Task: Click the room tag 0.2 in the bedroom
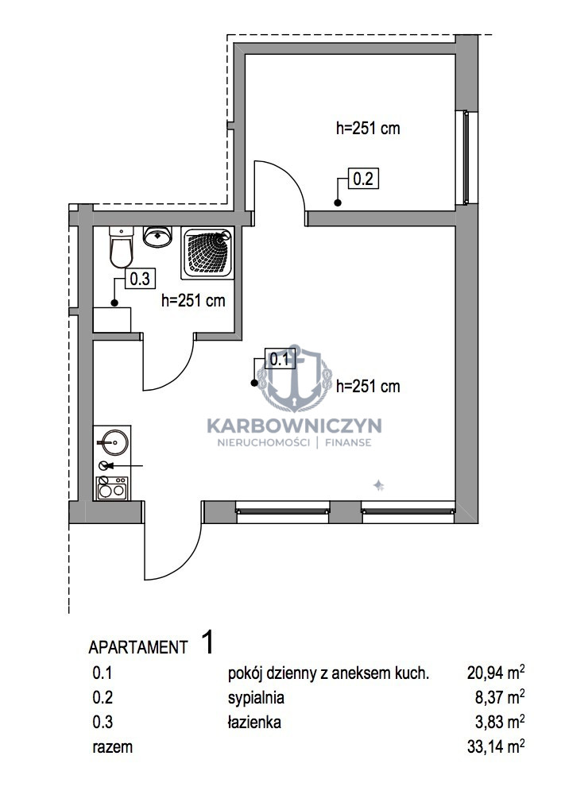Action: [x=363, y=179]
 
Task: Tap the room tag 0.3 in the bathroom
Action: [x=140, y=279]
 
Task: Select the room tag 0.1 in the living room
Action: [x=280, y=359]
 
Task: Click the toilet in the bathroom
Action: [x=122, y=247]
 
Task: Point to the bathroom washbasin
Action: [x=157, y=237]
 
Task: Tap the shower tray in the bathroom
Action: [x=207, y=253]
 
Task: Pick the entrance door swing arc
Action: [x=184, y=560]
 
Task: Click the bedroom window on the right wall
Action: [x=466, y=157]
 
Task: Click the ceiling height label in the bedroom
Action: [x=368, y=128]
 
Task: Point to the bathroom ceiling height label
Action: [x=193, y=300]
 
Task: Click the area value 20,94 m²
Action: [x=496, y=672]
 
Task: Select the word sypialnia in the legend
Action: [x=256, y=697]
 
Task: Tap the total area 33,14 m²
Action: [x=496, y=746]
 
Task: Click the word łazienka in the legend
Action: [x=254, y=722]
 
